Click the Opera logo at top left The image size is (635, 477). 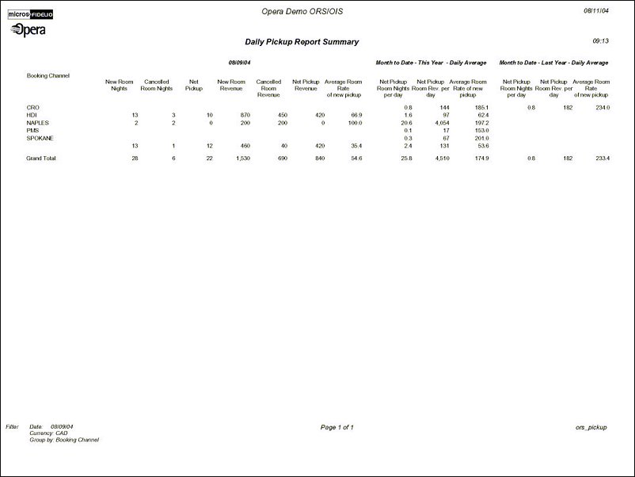tap(29, 30)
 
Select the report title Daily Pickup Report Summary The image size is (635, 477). tap(302, 42)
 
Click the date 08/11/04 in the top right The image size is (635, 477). tap(595, 11)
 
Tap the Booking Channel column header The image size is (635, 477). tap(48, 76)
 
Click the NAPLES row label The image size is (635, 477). tap(38, 123)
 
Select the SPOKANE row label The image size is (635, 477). tap(40, 138)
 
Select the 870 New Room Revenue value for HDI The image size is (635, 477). tap(245, 115)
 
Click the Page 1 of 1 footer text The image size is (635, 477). tap(337, 427)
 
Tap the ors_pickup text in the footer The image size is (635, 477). tap(591, 427)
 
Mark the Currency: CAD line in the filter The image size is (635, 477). tap(48, 433)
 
